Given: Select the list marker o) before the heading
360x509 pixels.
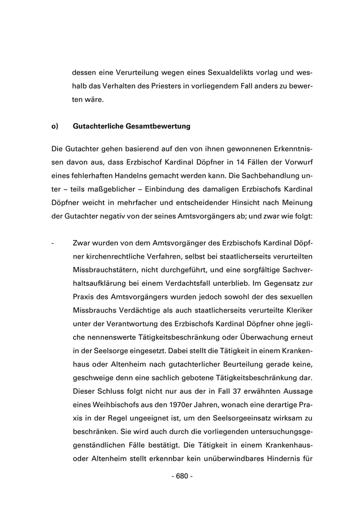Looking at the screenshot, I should (x=55, y=125).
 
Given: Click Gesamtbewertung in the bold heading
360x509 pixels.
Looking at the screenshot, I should (x=160, y=125).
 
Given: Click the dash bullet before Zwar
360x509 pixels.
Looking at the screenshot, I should (x=53, y=242).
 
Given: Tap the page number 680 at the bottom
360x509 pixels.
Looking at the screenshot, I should (x=182, y=476).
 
